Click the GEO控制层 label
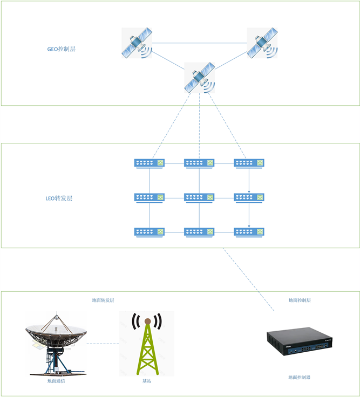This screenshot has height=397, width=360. pyautogui.click(x=61, y=49)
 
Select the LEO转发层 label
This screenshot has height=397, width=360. pyautogui.click(x=59, y=198)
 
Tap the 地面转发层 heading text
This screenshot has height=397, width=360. pyautogui.click(x=103, y=300)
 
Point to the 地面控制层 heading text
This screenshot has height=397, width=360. pyautogui.click(x=300, y=300)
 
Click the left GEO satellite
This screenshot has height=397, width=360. pyautogui.click(x=137, y=43)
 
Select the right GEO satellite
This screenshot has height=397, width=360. pyautogui.click(x=262, y=43)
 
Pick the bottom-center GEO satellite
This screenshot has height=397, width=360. pyautogui.click(x=200, y=78)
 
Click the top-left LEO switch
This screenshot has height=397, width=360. pyautogui.click(x=150, y=162)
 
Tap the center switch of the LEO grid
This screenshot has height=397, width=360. pyautogui.click(x=199, y=197)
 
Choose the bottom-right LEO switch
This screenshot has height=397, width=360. pyautogui.click(x=249, y=232)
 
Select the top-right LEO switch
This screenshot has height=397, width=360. pyautogui.click(x=249, y=162)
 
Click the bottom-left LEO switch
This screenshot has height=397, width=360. pyautogui.click(x=150, y=232)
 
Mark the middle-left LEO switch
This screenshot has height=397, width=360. pyautogui.click(x=150, y=197)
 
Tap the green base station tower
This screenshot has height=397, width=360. pyautogui.click(x=147, y=344)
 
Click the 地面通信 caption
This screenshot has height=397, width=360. pyautogui.click(x=56, y=381)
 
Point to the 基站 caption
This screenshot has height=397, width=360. pyautogui.click(x=147, y=381)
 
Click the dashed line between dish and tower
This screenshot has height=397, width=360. pyautogui.click(x=103, y=344)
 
